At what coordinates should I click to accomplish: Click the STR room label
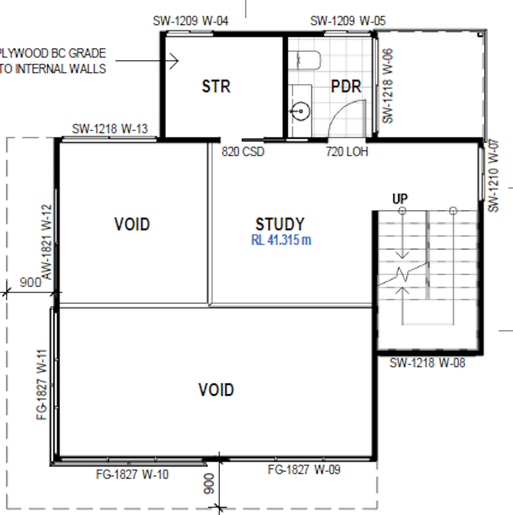pyautogui.click(x=216, y=86)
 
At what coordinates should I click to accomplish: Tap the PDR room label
pyautogui.click(x=346, y=86)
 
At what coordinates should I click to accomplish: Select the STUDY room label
pyautogui.click(x=280, y=224)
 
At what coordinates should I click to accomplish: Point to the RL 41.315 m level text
pyautogui.click(x=281, y=240)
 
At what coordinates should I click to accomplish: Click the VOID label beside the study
pyautogui.click(x=132, y=224)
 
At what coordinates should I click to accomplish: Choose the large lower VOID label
pyautogui.click(x=216, y=390)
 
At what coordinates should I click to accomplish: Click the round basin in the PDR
pyautogui.click(x=301, y=111)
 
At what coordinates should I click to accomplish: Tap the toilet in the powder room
pyautogui.click(x=305, y=60)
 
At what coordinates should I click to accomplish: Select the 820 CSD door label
pyautogui.click(x=243, y=152)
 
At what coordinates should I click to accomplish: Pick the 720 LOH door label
pyautogui.click(x=347, y=152)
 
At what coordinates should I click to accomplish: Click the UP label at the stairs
pyautogui.click(x=400, y=199)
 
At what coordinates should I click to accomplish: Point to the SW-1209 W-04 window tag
pyautogui.click(x=191, y=21)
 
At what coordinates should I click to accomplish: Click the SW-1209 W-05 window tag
pyautogui.click(x=348, y=21)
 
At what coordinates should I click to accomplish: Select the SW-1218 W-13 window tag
pyautogui.click(x=110, y=129)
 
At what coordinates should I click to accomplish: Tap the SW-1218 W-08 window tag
pyautogui.click(x=427, y=363)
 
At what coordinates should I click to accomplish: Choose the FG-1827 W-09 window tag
pyautogui.click(x=304, y=470)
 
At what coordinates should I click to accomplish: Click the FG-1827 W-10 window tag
pyautogui.click(x=132, y=474)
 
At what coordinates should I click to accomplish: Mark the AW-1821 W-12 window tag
pyautogui.click(x=47, y=242)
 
